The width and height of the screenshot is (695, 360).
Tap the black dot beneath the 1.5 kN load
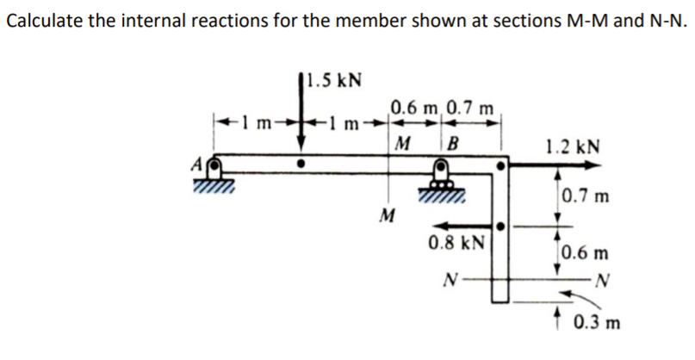301,161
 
